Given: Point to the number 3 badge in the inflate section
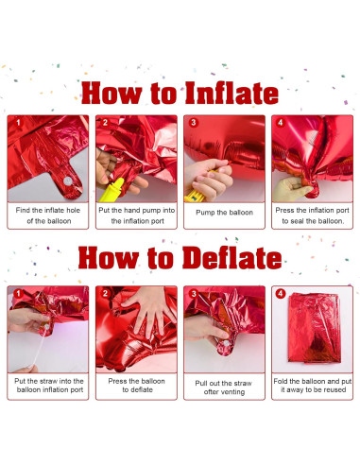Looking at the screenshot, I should click(193, 123).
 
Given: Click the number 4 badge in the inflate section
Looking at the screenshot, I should click(281, 123).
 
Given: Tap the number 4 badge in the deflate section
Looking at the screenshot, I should click(280, 293).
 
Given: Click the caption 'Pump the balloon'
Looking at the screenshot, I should click(223, 213).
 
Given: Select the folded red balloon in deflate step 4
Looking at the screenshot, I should click(311, 333).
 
